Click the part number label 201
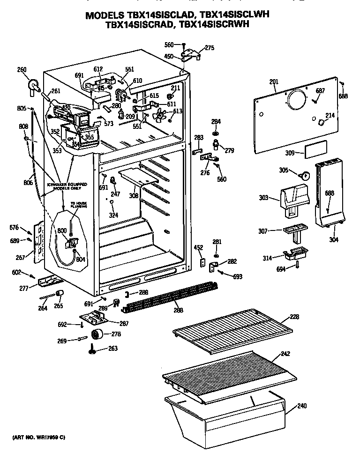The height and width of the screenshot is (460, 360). [274, 82]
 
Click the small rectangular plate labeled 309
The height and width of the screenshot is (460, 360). [314, 151]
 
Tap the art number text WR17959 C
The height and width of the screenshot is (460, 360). [38, 437]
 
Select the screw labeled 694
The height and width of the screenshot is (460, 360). [298, 266]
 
